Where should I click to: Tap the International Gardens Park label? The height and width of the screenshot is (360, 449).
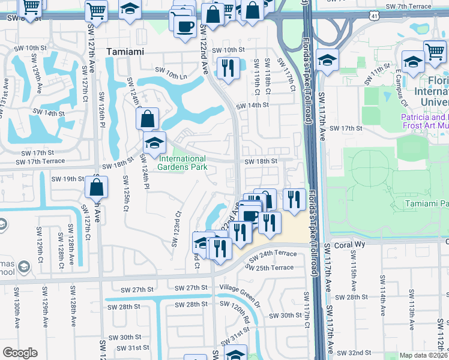182,163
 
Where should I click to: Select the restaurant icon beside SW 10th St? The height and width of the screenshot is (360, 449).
228,68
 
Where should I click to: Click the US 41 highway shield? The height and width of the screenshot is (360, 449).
373,16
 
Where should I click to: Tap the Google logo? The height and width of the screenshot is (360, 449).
20,353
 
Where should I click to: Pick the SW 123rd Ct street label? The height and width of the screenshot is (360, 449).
177,228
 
